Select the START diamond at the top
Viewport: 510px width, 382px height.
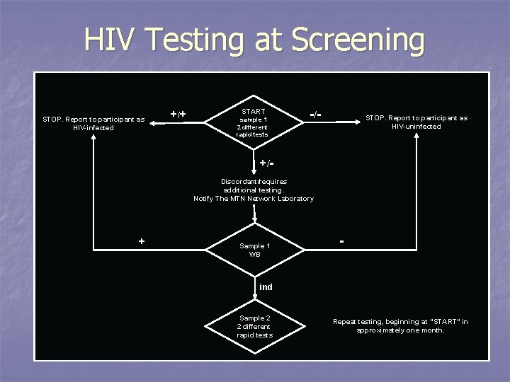click(253, 122)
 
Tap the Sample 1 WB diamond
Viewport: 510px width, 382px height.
click(254, 250)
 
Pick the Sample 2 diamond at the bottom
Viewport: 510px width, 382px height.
click(254, 326)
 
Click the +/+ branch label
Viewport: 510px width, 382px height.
click(178, 113)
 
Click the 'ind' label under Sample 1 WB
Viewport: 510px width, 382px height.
click(266, 286)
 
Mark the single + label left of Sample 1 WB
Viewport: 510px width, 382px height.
click(142, 241)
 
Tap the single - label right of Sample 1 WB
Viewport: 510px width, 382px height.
click(342, 241)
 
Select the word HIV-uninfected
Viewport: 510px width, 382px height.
click(416, 127)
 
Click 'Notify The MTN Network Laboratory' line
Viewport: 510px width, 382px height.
click(254, 199)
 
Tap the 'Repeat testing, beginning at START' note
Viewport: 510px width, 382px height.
click(400, 325)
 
